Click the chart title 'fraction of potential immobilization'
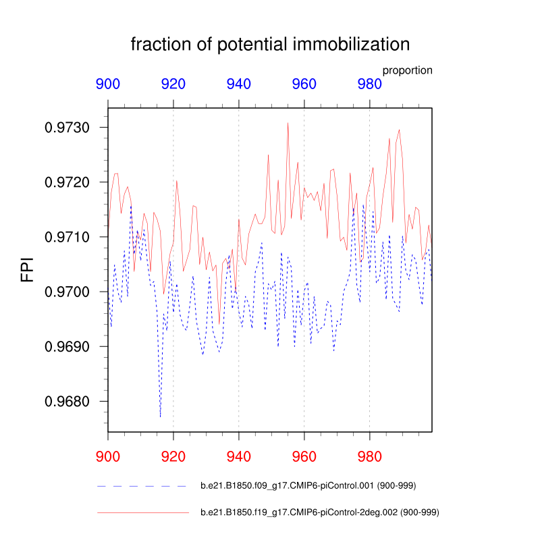coord(270,45)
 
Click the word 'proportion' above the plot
coord(407,70)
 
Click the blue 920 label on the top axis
coord(173,84)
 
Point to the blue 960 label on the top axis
coord(304,84)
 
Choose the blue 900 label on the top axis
coord(108,84)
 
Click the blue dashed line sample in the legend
coord(142,485)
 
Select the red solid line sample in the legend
coord(142,513)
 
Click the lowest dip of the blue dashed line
coord(160,416)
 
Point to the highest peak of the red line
coord(288,124)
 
